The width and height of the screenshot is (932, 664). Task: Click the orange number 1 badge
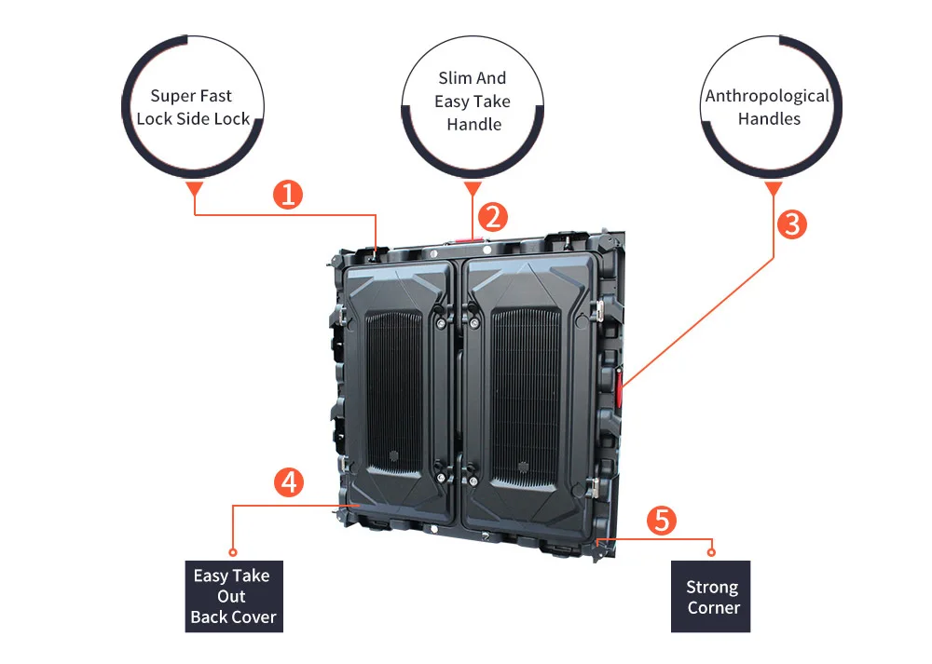288,195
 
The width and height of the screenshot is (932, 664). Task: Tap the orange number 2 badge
492,217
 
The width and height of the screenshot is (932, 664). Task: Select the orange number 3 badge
791,224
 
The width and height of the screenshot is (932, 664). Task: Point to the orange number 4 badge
288,482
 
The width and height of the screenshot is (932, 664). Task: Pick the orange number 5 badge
661,520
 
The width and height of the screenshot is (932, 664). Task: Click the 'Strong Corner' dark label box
711,597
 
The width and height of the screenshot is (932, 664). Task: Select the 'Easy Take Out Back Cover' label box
233,596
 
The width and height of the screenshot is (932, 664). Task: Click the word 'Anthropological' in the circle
767,96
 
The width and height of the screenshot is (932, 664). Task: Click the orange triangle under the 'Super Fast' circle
194,189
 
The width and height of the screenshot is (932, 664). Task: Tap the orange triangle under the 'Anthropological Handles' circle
773,189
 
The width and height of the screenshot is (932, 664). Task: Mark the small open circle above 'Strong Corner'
712,552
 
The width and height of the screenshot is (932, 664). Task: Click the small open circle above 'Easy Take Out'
233,552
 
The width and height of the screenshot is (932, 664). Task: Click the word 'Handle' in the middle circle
473,125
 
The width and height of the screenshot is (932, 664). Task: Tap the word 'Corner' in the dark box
714,608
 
